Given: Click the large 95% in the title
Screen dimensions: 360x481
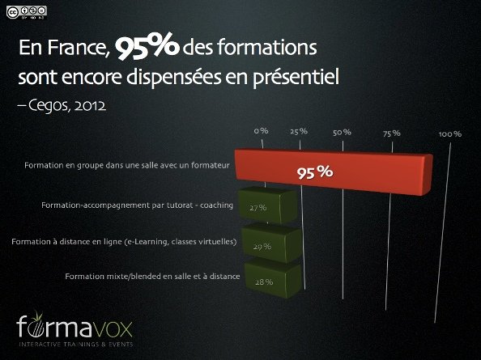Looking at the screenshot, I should click(x=147, y=49).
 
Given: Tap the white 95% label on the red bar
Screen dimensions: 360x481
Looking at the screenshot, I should click(x=313, y=172).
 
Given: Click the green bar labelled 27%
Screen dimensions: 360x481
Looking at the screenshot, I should click(x=267, y=207).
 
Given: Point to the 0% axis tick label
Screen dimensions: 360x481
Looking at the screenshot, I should click(x=261, y=130).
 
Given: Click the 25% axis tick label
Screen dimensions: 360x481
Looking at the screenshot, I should click(x=298, y=131).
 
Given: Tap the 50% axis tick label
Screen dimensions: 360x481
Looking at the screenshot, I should click(x=342, y=132).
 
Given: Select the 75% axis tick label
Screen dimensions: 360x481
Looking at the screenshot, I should click(x=392, y=133).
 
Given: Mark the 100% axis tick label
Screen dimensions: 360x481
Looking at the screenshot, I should click(x=450, y=133).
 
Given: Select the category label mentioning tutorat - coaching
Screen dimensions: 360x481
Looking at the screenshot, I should click(x=137, y=205).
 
